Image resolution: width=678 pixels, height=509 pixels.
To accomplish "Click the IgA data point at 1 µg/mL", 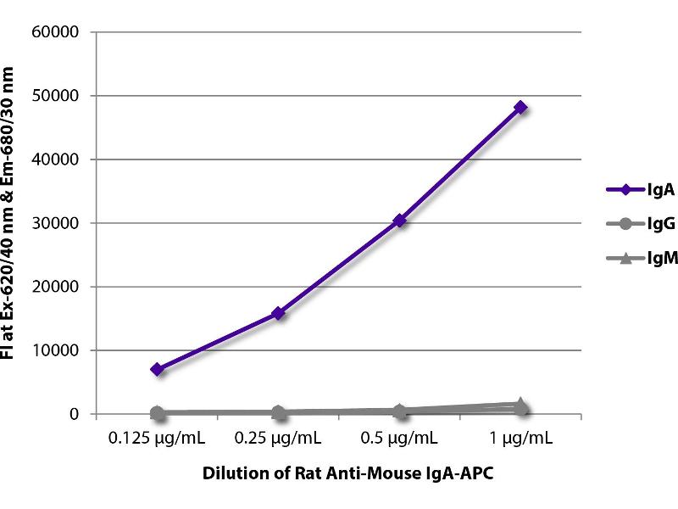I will (x=520, y=107).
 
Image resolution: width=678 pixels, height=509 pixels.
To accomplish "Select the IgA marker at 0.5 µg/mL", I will (x=399, y=221).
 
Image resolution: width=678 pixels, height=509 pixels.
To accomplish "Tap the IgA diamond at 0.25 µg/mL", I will (x=278, y=313).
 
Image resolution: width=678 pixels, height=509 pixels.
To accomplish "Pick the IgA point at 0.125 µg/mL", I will (x=157, y=369).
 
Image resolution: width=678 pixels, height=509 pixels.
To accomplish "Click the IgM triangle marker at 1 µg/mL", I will (x=520, y=405).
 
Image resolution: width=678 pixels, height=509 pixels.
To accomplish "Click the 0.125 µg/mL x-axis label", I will (x=157, y=439).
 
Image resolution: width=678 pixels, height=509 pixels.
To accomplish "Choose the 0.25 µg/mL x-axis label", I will (x=278, y=439).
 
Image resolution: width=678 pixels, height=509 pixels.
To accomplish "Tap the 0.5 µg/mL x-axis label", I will (x=399, y=439).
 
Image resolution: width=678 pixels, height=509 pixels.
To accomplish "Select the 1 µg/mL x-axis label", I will (x=520, y=439).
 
